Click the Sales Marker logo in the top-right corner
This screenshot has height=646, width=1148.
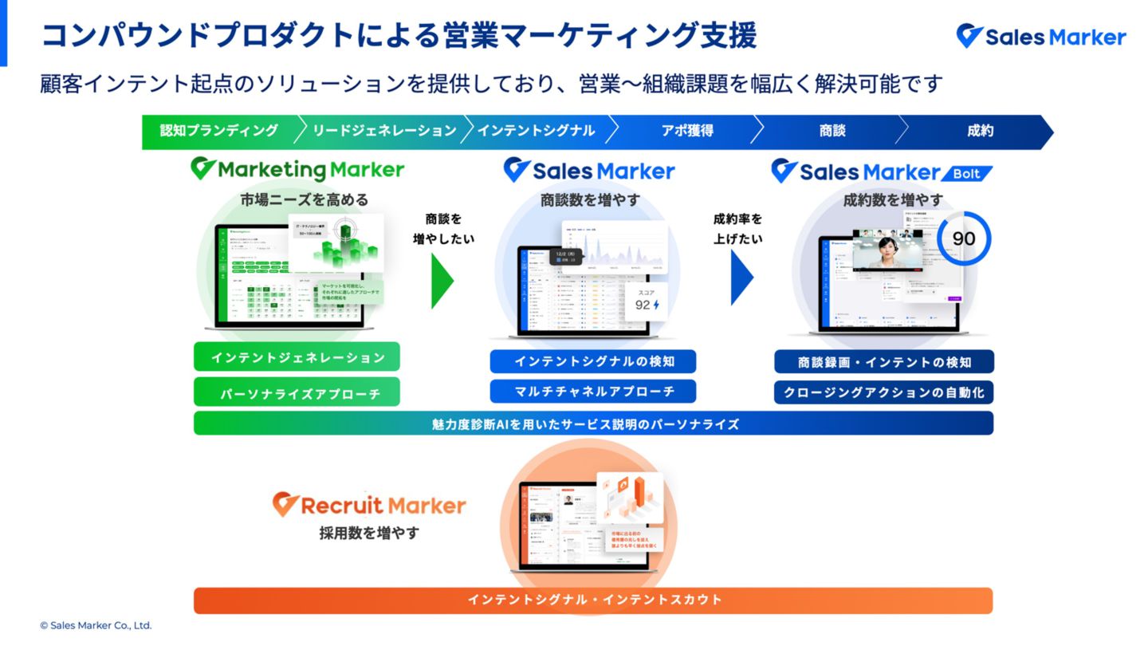coord(1041,37)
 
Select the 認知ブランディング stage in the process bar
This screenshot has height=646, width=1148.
coord(219,131)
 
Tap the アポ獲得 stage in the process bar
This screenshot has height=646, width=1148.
coord(686,131)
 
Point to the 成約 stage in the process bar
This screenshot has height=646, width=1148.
coord(980,131)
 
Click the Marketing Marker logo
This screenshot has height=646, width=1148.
coord(297,169)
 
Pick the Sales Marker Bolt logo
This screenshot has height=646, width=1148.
coord(882,171)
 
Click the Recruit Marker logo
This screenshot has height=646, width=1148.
coord(369,505)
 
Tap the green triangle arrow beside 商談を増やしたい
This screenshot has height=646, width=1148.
coord(442,280)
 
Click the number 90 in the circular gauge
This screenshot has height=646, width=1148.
coord(964,238)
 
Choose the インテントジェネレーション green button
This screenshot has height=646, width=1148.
coord(297,357)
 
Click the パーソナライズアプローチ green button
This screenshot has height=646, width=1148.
coord(297,393)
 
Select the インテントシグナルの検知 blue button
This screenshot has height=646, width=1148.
coord(593,361)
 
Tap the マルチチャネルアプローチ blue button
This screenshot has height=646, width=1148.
coord(593,391)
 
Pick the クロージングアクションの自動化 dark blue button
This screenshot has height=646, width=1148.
coord(883,392)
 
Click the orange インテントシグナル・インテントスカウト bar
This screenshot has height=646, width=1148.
coord(593,600)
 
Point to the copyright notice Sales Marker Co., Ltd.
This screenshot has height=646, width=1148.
coord(96,626)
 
